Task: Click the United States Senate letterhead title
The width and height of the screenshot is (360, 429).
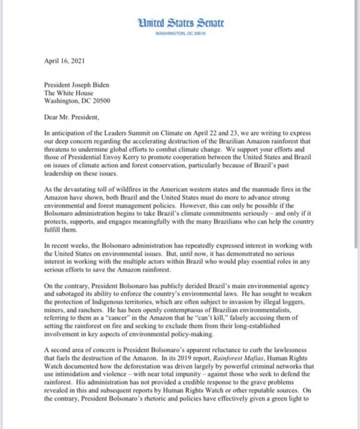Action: click(182, 23)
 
